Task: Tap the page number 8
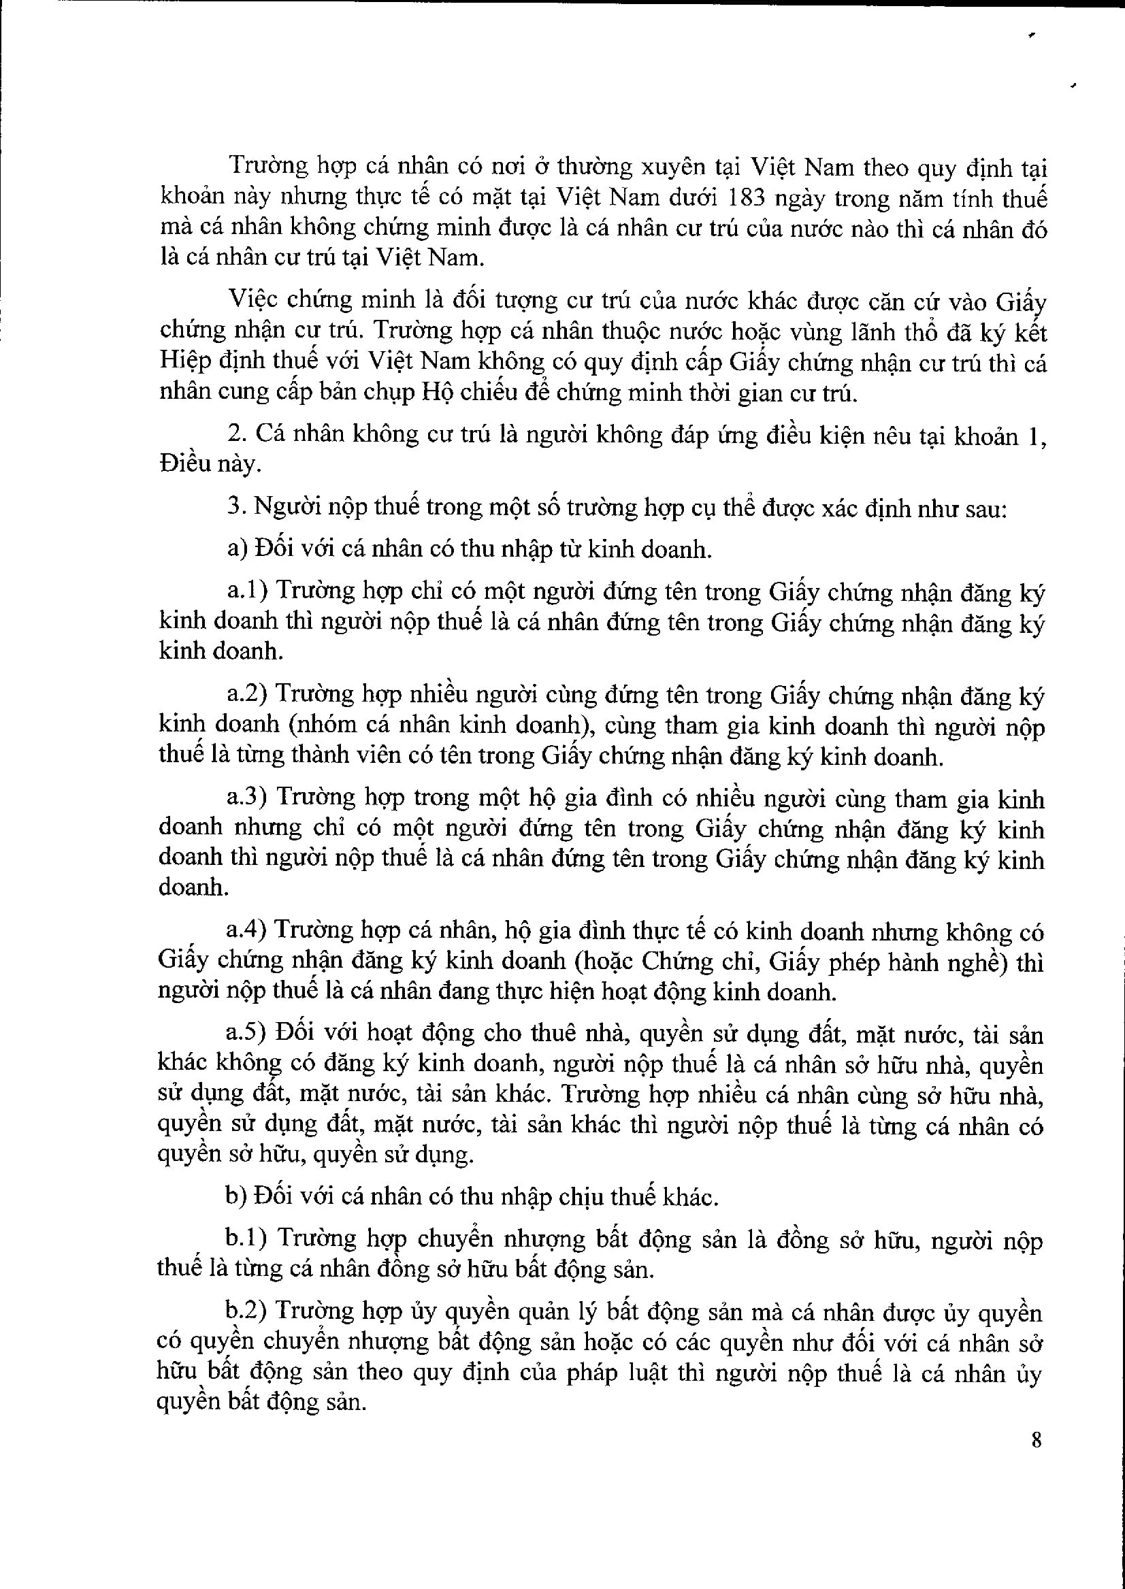pos(1037,1441)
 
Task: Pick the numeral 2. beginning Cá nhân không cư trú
pos(237,435)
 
